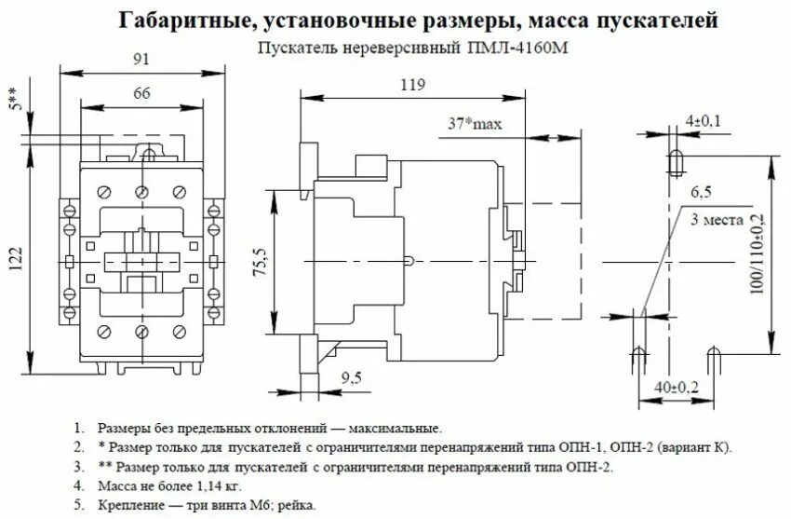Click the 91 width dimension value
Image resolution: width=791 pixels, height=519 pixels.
pos(141,59)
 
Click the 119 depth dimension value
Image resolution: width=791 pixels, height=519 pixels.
pos(412,86)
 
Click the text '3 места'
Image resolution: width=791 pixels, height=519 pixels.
pos(717,221)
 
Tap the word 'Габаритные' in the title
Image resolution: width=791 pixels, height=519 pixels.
pos(179,19)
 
